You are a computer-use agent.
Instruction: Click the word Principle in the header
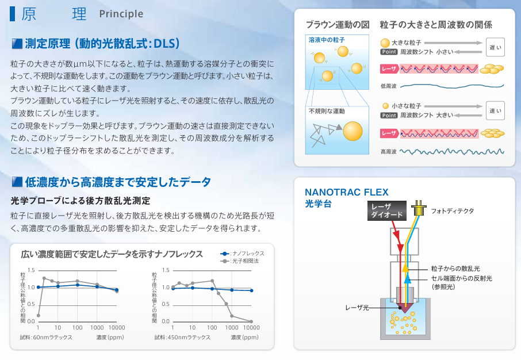[x=121, y=14]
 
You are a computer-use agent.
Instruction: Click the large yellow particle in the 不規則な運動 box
[x=353, y=131]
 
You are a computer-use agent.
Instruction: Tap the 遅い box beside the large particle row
[x=495, y=47]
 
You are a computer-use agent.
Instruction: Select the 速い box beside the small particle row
[x=495, y=110]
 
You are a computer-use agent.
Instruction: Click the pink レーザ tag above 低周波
[x=389, y=69]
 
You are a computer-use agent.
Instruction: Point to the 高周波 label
[x=388, y=152]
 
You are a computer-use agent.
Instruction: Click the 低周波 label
[x=388, y=86]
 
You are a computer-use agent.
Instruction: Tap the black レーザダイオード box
[x=387, y=210]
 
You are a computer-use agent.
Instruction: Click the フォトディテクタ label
[x=452, y=210]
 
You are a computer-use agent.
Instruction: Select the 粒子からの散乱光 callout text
[x=455, y=269]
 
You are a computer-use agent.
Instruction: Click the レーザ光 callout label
[x=357, y=308]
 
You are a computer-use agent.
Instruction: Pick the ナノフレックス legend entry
[x=242, y=254]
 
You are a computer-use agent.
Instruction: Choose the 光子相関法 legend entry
[x=240, y=261]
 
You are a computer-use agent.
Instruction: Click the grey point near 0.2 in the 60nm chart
[x=39, y=316]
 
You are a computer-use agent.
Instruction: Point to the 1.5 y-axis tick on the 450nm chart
[x=166, y=270]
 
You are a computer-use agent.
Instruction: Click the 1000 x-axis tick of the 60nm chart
[x=97, y=327]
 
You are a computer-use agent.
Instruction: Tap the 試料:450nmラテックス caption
[x=182, y=338]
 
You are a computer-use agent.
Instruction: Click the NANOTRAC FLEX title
[x=347, y=192]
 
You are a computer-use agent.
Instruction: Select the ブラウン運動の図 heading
[x=338, y=25]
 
